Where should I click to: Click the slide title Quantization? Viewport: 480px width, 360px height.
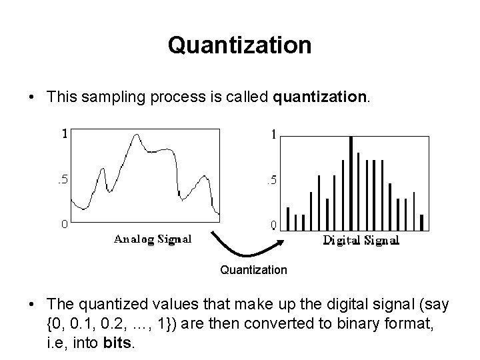(x=239, y=45)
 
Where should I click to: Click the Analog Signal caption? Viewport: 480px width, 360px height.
(x=153, y=239)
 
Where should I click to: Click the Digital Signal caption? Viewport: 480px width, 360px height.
(x=361, y=240)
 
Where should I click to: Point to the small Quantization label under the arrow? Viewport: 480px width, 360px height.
(x=253, y=270)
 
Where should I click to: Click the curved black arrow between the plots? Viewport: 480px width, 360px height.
(x=247, y=250)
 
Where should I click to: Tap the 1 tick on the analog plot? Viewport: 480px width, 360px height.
(x=65, y=133)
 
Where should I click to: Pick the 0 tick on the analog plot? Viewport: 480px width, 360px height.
(x=64, y=225)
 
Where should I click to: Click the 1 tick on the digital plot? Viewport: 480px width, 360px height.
(x=273, y=133)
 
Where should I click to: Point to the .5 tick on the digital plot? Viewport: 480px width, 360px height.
(x=271, y=180)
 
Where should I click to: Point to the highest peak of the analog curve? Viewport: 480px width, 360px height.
(x=137, y=135)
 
